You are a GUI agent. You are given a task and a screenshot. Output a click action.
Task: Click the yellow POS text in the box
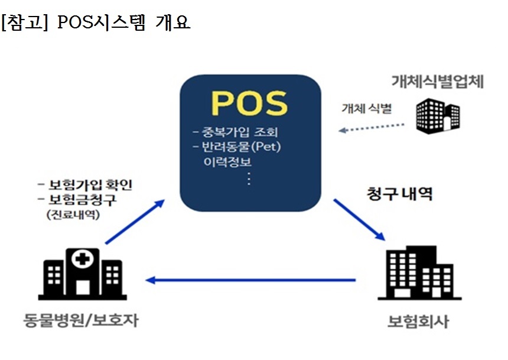[249, 103]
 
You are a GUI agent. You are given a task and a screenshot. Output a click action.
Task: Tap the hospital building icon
[82, 274]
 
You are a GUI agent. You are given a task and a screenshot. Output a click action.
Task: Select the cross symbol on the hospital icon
[83, 259]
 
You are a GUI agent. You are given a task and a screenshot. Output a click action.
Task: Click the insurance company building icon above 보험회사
[419, 273]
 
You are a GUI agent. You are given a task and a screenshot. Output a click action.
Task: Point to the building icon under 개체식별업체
[438, 116]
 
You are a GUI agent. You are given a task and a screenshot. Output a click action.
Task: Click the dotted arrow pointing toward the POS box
[371, 128]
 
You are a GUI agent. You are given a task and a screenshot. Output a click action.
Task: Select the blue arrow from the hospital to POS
[135, 222]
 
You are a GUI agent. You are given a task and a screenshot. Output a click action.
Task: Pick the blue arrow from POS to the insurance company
[359, 220]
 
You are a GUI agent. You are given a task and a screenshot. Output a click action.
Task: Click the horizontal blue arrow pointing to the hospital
[250, 280]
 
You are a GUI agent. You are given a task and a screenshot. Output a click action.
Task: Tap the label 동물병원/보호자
[81, 320]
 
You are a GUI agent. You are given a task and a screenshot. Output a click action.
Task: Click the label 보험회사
[418, 322]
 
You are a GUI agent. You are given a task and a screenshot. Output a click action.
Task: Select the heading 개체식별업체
[438, 82]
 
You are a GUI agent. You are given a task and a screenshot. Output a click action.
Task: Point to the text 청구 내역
[399, 194]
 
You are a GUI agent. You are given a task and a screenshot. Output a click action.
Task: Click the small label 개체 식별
[367, 108]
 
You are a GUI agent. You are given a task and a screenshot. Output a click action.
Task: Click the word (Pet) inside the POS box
[266, 147]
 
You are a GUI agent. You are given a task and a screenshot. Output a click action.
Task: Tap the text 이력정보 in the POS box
[227, 161]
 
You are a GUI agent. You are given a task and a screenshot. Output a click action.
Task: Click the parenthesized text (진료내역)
[73, 215]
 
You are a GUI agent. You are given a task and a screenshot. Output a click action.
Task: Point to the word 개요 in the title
[172, 22]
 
